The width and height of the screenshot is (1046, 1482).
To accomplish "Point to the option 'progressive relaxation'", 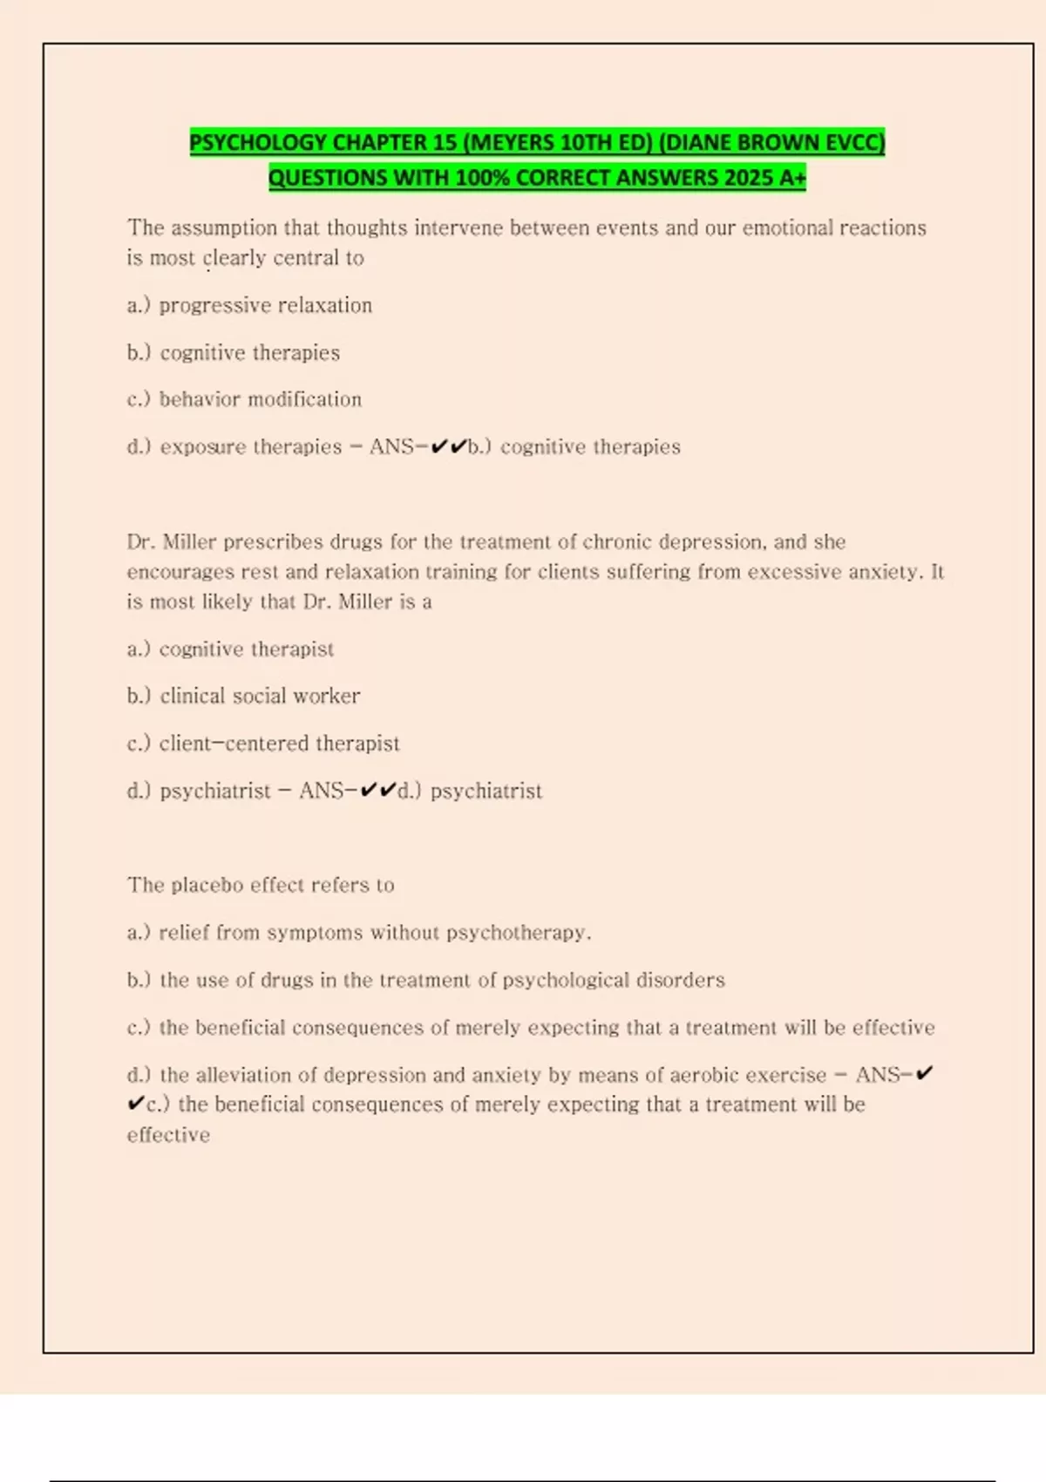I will [265, 305].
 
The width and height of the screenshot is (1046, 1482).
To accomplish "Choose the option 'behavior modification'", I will [260, 399].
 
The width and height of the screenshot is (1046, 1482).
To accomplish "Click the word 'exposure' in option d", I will [203, 447].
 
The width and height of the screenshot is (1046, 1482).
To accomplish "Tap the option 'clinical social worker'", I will [260, 696].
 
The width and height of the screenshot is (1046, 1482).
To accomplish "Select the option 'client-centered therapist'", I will [279, 744].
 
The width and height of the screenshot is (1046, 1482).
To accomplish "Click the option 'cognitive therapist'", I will [246, 649].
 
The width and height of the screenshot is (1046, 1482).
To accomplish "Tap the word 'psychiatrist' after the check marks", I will [486, 791].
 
